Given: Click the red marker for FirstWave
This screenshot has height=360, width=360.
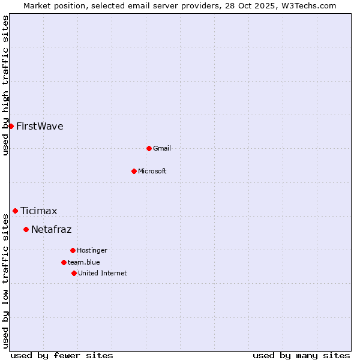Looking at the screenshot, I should click(11, 126).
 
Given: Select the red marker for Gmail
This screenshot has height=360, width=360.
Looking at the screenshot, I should click(149, 148).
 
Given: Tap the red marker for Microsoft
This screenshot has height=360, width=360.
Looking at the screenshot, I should click(134, 171).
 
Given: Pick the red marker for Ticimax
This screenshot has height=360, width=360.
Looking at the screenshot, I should click(15, 211).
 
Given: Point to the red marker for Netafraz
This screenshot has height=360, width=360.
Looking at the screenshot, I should click(26, 229).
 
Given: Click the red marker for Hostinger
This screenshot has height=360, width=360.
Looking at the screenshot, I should click(73, 250).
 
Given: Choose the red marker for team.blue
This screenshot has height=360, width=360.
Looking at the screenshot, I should click(64, 262).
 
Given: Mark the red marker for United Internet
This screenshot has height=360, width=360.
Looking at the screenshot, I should click(74, 273).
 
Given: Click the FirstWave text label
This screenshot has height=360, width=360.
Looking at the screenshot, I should click(40, 126).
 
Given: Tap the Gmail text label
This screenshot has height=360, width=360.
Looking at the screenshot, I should click(162, 148).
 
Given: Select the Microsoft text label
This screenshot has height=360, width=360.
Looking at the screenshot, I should click(152, 171).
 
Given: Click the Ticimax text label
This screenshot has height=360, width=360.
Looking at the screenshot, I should click(39, 211).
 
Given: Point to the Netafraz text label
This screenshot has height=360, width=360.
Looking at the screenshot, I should click(52, 229).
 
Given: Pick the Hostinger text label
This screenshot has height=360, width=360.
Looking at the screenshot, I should click(92, 250).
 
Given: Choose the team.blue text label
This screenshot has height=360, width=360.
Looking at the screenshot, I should click(84, 262).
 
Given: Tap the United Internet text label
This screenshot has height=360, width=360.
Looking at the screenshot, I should click(103, 273).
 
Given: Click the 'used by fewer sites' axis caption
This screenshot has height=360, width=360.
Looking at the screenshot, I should click(62, 355).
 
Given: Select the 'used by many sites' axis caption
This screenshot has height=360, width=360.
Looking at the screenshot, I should click(301, 355).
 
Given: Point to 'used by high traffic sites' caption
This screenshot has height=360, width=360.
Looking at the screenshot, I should click(5, 85).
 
